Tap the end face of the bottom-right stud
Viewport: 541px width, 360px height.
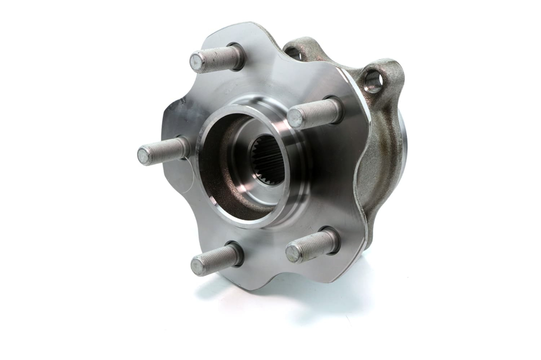tap(294, 253)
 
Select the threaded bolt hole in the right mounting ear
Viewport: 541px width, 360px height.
tap(374, 81)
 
